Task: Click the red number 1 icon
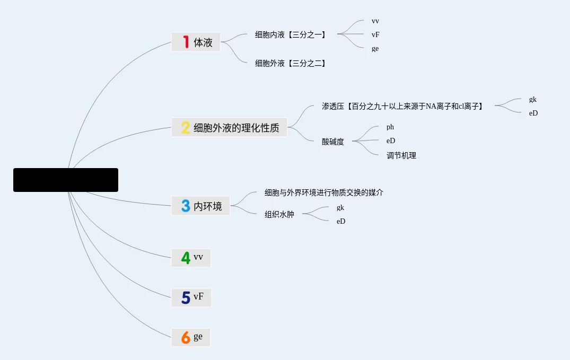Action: click(186, 42)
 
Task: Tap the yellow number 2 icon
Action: click(186, 127)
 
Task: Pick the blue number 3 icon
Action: click(186, 206)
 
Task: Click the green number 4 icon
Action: click(186, 258)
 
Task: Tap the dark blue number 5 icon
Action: click(186, 297)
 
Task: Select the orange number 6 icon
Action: click(186, 337)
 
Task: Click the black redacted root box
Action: click(66, 180)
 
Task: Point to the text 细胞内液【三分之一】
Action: click(291, 35)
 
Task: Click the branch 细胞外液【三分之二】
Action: click(291, 63)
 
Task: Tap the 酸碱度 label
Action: click(333, 142)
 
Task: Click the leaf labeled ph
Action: click(390, 127)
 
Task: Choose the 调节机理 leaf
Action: click(401, 155)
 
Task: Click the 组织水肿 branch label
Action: click(279, 215)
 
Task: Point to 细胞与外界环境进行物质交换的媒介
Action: click(324, 192)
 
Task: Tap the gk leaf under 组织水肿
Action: click(340, 207)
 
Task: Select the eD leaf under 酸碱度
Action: click(391, 141)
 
